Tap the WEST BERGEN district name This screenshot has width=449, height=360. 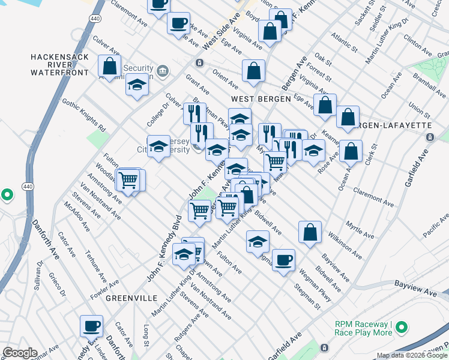coord(259,98)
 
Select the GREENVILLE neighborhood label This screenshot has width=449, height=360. coord(131,298)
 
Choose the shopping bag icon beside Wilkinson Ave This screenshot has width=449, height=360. coord(310,233)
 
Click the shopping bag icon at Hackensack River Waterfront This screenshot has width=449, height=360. coord(110,67)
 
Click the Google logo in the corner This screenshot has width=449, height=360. coord(20,353)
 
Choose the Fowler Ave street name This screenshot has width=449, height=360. coord(103,280)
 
